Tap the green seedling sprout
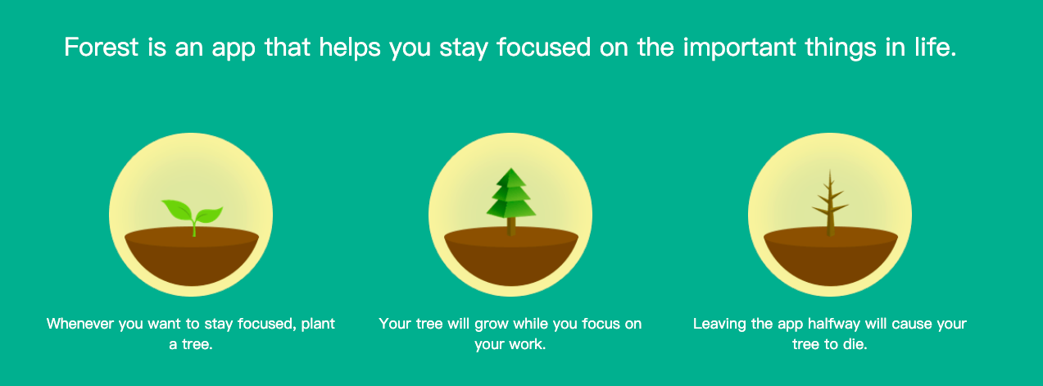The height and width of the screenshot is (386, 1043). point(193,215)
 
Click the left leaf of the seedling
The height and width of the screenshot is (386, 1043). point(176,209)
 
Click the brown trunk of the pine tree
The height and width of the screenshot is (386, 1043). point(510,225)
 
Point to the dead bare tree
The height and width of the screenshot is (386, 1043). point(830,203)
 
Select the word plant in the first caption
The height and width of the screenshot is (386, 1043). point(318,324)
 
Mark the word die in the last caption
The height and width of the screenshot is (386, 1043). point(855,345)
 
